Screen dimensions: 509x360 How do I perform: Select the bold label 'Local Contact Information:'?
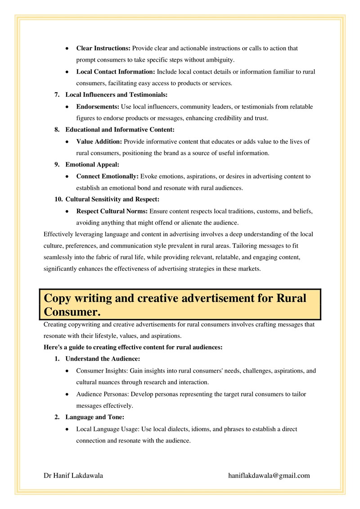116,72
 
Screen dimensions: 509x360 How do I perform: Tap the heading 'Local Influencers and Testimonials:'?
116,95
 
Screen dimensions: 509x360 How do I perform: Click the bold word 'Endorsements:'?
97,107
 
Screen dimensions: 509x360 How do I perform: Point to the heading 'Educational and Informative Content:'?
120,130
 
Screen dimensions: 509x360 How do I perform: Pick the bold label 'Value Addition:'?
99,141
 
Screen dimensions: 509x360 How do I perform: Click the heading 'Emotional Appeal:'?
92,165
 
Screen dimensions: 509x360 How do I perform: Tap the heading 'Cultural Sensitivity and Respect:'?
112,199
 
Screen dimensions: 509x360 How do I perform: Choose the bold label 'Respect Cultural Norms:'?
112,211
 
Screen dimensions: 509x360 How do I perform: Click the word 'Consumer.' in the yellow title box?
72,311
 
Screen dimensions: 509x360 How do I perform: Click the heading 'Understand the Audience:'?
103,359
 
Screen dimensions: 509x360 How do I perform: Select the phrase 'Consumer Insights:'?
100,371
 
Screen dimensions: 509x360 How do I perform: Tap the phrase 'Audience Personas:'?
101,394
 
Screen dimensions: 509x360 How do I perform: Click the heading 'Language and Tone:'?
92,417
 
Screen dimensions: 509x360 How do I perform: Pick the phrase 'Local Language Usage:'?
108,429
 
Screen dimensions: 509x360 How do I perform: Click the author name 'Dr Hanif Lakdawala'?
73,475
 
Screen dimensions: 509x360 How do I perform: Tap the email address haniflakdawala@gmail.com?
269,475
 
